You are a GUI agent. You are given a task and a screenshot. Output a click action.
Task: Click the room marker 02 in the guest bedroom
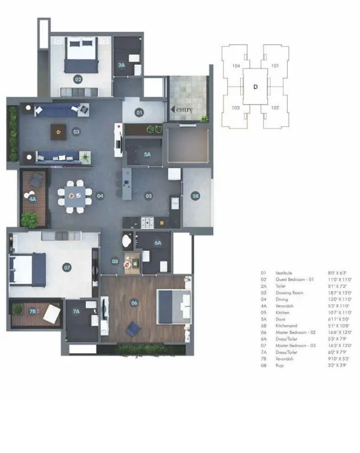[x=78, y=79]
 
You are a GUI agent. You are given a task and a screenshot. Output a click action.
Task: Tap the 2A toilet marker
[x=121, y=65]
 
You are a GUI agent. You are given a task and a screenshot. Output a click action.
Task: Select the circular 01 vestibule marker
[x=139, y=113]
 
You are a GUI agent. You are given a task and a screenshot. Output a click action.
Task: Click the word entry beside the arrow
[x=183, y=110]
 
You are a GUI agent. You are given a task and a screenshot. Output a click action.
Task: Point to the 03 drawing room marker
[x=76, y=132]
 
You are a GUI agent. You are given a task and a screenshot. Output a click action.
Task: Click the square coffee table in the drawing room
[x=58, y=131]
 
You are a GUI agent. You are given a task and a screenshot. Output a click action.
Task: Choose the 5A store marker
[x=147, y=154]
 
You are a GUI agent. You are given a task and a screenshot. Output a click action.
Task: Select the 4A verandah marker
[x=33, y=199]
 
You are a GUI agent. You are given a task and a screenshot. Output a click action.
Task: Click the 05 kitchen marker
[x=148, y=196]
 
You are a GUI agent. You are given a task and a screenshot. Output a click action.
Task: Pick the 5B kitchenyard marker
[x=196, y=196]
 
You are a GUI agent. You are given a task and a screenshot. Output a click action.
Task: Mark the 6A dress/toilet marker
[x=158, y=243]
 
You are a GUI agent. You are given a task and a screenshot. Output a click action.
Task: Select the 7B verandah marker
[x=33, y=311]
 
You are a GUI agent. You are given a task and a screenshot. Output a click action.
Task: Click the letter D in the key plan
[x=255, y=87]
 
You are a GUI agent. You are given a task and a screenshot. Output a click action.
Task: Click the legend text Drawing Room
[x=286, y=293]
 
